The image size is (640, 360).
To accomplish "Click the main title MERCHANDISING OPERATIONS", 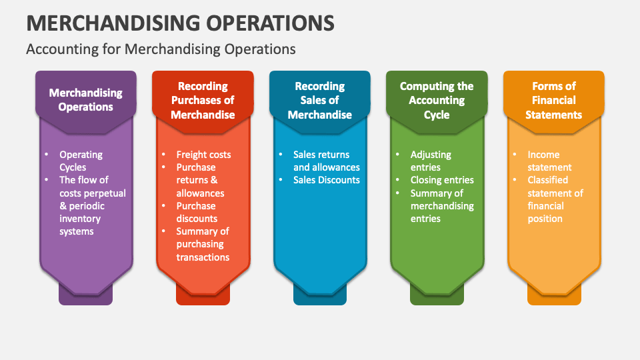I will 180,22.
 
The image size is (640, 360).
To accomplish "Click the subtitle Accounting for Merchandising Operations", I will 160,49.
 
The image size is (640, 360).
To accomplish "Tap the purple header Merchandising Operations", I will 85,100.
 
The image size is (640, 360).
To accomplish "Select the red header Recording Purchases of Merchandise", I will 203,100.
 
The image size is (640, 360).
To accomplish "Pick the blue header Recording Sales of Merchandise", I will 320,100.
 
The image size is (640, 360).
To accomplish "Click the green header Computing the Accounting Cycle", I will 437,100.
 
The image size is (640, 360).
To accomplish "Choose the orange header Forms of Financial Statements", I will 553,100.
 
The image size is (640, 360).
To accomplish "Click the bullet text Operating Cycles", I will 81,161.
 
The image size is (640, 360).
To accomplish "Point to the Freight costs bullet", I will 203,155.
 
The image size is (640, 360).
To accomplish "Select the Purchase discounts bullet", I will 197,212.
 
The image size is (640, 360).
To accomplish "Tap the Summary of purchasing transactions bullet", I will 203,244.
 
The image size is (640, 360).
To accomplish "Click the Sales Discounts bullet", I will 326,180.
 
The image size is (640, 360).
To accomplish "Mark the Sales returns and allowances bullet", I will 326,161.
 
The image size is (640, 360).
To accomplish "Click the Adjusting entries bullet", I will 431,161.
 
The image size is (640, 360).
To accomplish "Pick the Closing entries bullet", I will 442,180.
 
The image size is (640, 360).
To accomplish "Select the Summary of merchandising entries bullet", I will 442,205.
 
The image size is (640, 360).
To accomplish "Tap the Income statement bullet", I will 549,161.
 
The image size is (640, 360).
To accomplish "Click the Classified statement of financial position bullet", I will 555,199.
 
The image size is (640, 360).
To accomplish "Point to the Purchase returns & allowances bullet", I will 200,180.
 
